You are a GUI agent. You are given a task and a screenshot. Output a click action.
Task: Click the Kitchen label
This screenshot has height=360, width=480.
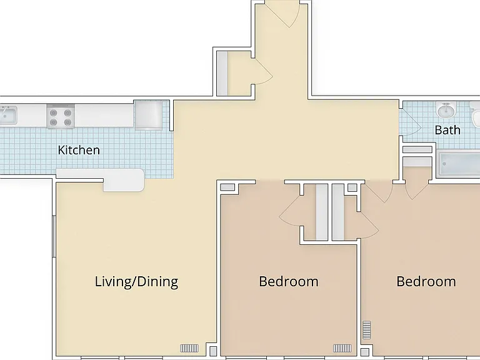(x=79, y=150)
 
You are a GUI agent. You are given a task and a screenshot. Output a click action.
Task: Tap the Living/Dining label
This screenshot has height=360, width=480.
(x=136, y=282)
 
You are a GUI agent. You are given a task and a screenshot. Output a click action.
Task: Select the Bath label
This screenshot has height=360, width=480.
(x=447, y=130)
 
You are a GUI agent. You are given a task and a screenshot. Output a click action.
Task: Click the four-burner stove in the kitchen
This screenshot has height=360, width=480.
(x=61, y=117)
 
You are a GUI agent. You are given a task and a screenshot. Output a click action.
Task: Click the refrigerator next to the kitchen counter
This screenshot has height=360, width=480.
(x=149, y=116)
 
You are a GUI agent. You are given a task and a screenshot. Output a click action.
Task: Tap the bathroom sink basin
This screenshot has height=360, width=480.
(x=447, y=110)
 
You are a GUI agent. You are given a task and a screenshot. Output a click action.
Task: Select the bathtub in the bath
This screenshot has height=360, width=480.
(x=459, y=164)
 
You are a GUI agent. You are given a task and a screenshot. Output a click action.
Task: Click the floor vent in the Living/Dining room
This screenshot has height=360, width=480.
(x=189, y=348)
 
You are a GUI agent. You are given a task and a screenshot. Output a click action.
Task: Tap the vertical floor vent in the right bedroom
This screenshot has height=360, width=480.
(x=367, y=330)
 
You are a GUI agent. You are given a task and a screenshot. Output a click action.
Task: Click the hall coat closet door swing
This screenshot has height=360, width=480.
(x=263, y=72)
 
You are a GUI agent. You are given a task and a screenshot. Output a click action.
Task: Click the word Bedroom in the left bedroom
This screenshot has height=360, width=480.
(x=289, y=282)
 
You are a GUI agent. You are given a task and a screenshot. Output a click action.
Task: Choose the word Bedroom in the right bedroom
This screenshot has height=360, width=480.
(x=426, y=282)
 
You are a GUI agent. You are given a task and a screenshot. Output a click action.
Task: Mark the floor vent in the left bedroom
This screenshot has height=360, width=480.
(x=342, y=348)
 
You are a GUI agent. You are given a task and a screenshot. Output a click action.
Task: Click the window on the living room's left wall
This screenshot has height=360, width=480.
(x=54, y=236)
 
